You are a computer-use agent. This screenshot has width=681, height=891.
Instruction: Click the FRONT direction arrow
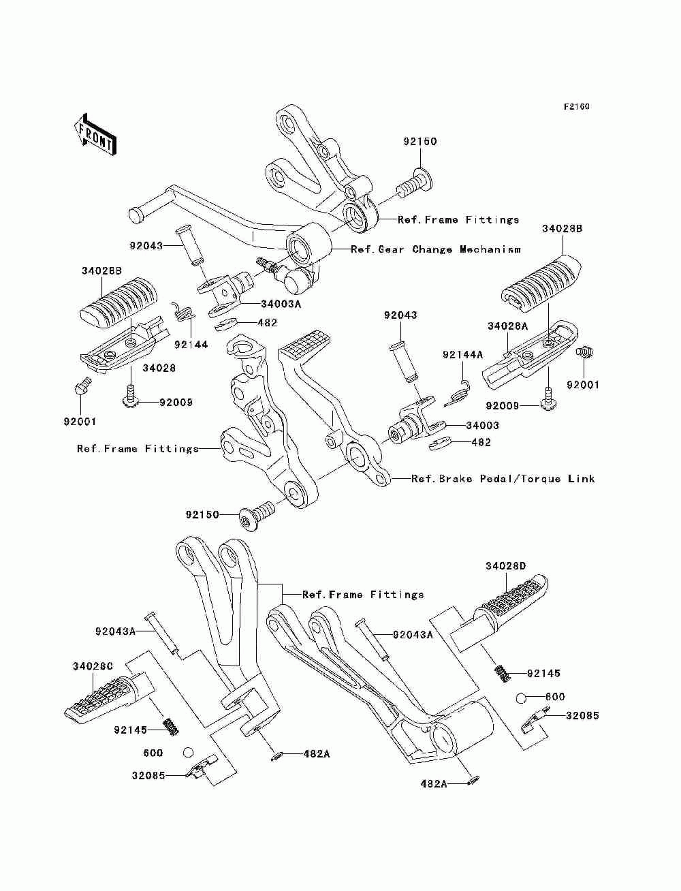point(95,134)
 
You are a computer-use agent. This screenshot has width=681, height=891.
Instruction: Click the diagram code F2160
point(576,107)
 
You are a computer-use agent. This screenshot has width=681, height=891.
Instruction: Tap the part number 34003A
point(281,304)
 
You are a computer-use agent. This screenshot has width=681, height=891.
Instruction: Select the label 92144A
point(462,355)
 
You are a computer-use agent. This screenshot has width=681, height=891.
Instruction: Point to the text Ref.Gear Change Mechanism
point(435,249)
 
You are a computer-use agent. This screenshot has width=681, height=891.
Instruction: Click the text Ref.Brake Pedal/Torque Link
point(503,479)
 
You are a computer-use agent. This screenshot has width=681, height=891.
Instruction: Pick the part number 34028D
point(506,566)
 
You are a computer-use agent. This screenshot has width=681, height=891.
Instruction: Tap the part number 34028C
point(93,666)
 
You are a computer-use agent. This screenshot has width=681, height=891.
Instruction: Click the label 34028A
point(508,326)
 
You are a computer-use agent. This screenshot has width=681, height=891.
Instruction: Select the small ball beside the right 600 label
point(522,699)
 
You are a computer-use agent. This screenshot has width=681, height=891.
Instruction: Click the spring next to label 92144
point(184,312)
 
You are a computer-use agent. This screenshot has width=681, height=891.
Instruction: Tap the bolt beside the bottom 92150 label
point(257,513)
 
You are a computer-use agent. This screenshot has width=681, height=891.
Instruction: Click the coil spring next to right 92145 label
point(502,674)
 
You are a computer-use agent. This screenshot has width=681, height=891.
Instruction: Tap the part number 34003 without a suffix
point(483,426)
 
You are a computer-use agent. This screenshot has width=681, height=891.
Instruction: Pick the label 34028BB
point(101,270)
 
